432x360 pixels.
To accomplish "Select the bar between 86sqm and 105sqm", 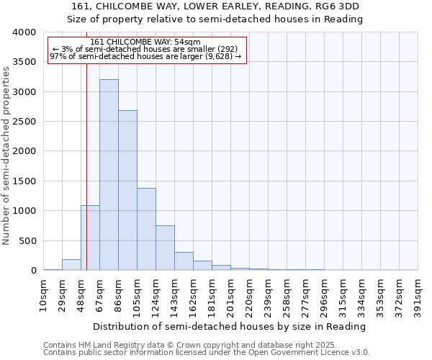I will pos(127,190).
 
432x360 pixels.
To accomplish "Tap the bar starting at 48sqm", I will pos(90,238).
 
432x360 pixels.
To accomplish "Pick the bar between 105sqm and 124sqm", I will pos(146,229).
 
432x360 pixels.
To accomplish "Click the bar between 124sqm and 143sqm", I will pos(165,248).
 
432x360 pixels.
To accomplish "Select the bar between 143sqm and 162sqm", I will pos(184,261).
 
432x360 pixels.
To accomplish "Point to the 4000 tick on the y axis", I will pos(24,32).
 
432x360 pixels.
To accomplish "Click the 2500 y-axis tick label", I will pos(24,122).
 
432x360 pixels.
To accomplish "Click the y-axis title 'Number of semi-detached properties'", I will pos(6,156).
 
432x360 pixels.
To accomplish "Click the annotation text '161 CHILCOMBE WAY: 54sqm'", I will pos(146,42).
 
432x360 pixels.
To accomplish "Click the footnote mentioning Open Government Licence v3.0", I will pos(207,352).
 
